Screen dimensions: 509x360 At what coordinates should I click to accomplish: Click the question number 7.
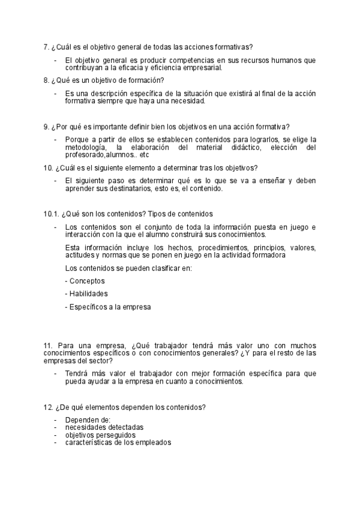46,47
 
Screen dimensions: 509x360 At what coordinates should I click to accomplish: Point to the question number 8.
46,80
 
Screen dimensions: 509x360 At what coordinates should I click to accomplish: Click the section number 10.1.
51,214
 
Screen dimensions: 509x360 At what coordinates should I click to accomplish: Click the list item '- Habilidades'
86,294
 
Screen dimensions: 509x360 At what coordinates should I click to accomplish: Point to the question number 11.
48,346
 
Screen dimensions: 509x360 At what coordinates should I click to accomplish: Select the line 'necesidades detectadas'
104,427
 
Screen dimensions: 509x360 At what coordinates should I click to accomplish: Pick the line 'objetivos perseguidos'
100,435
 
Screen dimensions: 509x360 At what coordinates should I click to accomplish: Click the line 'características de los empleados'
118,442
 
